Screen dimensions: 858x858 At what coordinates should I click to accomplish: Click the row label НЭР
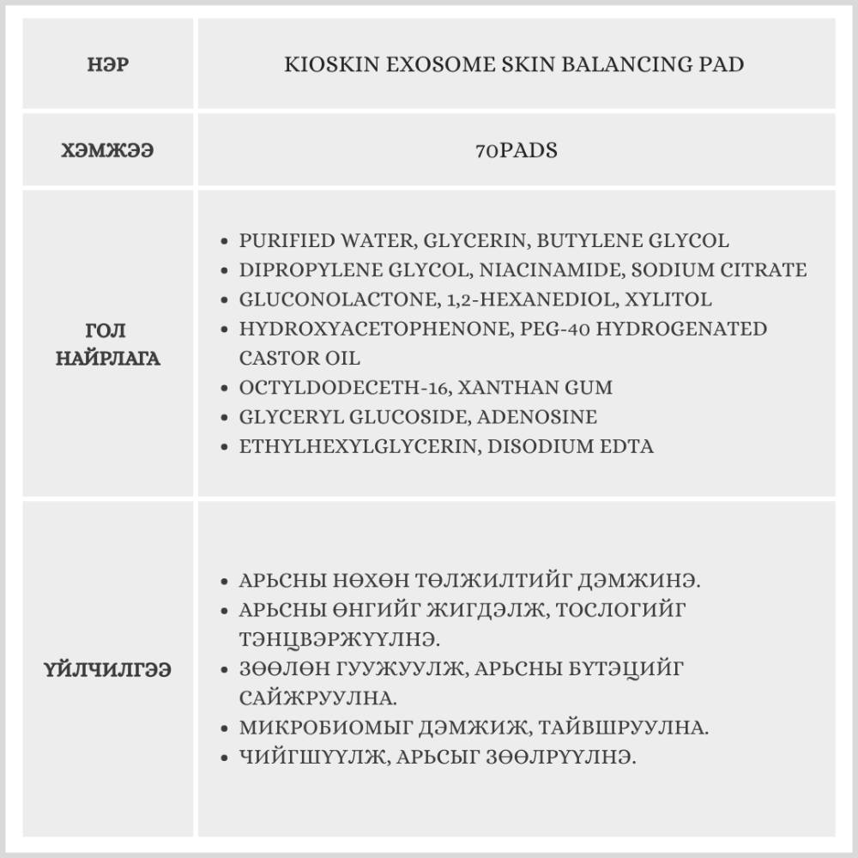tap(108, 65)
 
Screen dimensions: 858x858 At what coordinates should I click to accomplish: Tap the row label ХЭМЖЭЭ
tap(108, 149)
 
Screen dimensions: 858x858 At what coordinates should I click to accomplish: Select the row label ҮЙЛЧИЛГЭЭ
tap(108, 669)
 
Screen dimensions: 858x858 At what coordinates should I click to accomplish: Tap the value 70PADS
tap(517, 149)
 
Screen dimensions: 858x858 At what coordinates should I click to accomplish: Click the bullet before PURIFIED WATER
tap(225, 242)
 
